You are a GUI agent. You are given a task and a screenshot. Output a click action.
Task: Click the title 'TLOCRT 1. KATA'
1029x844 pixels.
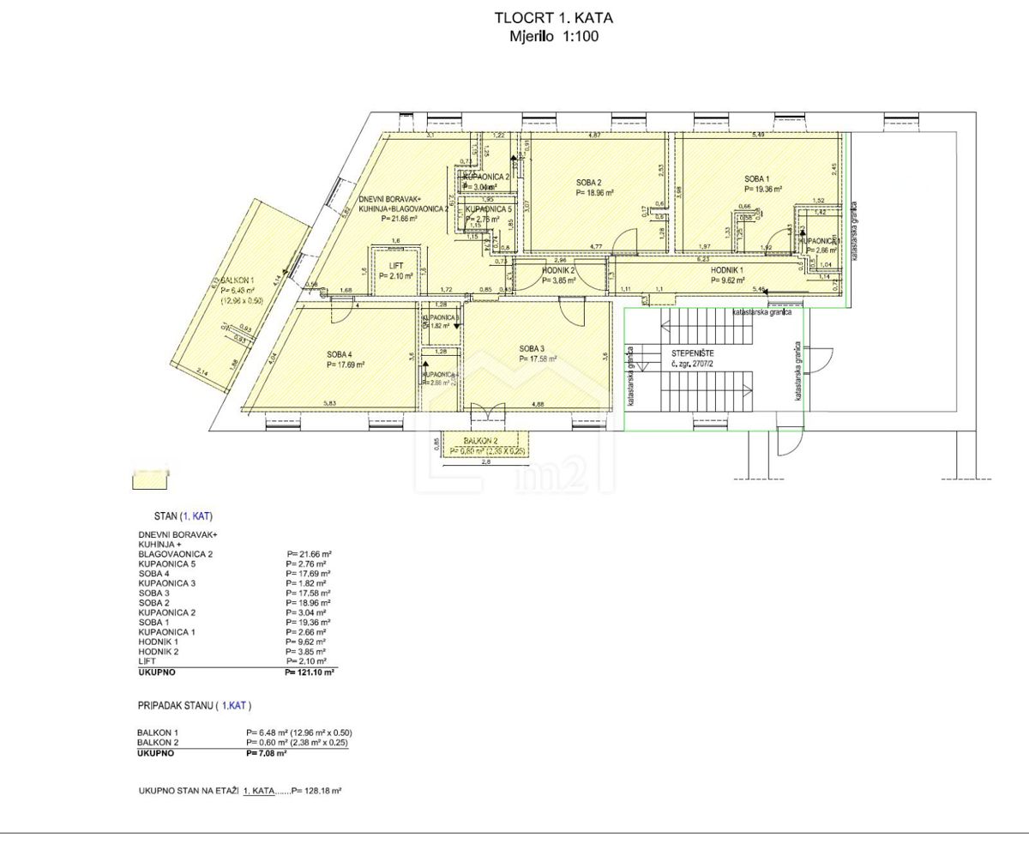pos(554,17)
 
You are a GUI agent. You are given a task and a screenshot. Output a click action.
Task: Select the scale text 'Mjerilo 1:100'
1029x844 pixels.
pos(554,36)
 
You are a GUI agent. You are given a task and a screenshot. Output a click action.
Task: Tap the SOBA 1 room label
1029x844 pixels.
pos(759,178)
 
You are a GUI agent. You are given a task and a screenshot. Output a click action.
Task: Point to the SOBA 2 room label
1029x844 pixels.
pos(589,182)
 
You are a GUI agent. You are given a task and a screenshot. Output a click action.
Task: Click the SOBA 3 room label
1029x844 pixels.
pos(532,348)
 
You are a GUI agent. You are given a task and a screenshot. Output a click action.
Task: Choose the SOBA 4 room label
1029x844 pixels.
pos(340,354)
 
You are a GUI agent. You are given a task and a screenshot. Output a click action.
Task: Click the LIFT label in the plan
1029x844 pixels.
pos(395,265)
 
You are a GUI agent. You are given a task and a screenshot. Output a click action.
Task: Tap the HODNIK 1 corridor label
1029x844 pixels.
pos(728,269)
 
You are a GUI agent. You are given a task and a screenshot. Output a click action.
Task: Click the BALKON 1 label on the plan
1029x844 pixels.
pos(237,280)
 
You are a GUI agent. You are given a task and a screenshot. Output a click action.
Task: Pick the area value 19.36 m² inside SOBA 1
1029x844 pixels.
pos(765,189)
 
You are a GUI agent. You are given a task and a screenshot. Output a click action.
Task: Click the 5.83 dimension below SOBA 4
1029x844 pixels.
pos(329,403)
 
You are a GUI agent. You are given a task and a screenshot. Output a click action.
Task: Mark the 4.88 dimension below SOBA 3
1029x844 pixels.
pos(538,403)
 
